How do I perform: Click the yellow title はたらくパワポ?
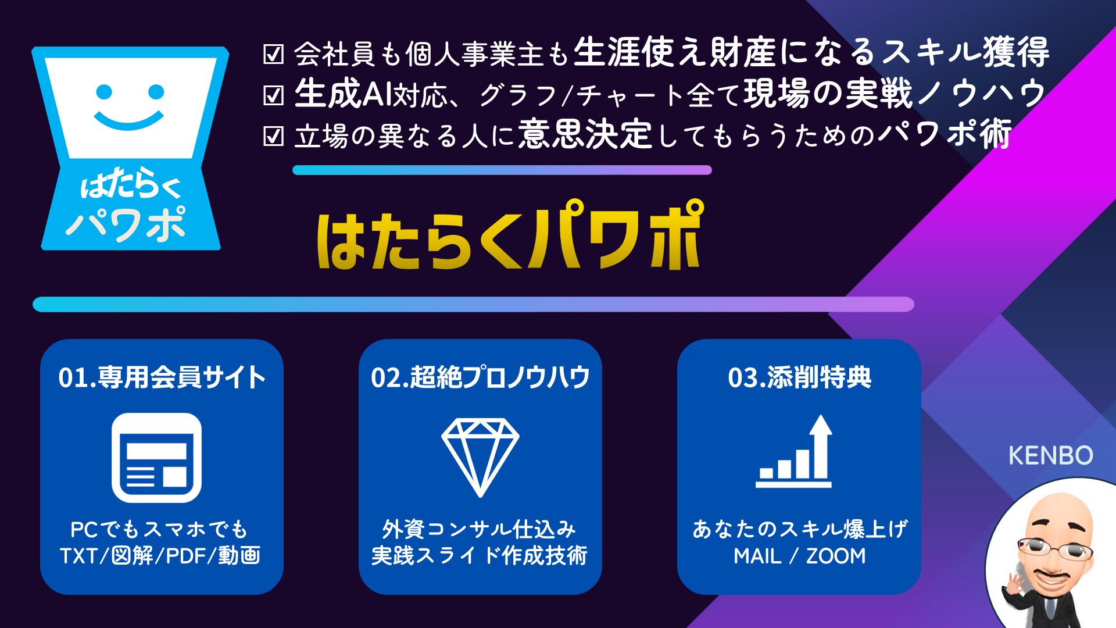[x=510, y=235]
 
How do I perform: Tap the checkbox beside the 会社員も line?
[x=273, y=54]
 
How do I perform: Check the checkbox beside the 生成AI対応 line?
[x=273, y=95]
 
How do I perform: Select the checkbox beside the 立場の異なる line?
[x=273, y=136]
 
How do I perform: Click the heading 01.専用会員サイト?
[x=162, y=377]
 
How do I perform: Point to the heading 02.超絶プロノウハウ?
[x=480, y=377]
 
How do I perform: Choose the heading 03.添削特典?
[x=799, y=377]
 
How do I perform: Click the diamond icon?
[x=480, y=457]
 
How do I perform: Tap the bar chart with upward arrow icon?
[x=794, y=451]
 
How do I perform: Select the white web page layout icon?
[x=156, y=458]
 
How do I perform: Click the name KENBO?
[x=1050, y=455]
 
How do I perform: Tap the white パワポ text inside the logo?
[x=126, y=224]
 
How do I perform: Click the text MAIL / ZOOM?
[x=799, y=556]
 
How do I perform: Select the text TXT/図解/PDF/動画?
[x=160, y=556]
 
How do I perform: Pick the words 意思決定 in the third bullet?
[x=585, y=134]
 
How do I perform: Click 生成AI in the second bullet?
[x=343, y=94]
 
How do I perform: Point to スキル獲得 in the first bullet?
[x=965, y=52]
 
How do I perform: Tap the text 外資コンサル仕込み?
[x=479, y=529]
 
